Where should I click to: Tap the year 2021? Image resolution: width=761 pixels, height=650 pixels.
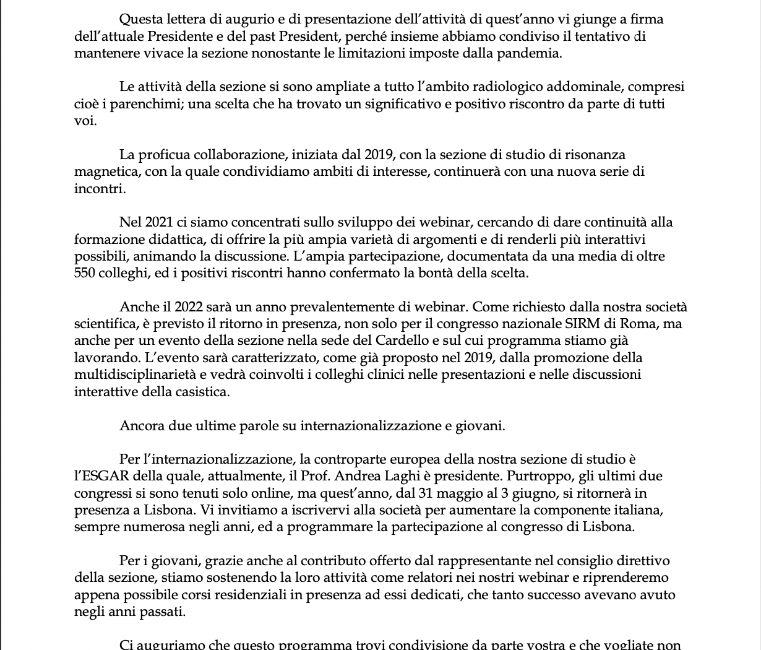tap(160, 222)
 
